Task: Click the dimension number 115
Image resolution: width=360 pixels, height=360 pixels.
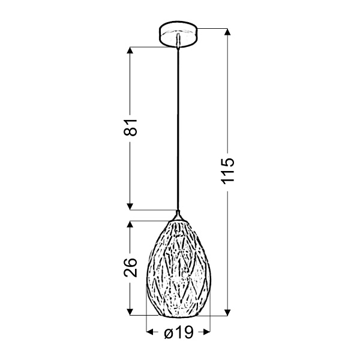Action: [229, 172]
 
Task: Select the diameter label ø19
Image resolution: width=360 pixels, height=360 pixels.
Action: [178, 332]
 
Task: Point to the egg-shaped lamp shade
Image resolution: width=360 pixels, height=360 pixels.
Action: [178, 267]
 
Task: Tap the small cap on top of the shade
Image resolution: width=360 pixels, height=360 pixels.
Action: [178, 215]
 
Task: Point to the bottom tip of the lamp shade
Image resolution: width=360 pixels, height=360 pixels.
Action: [178, 316]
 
